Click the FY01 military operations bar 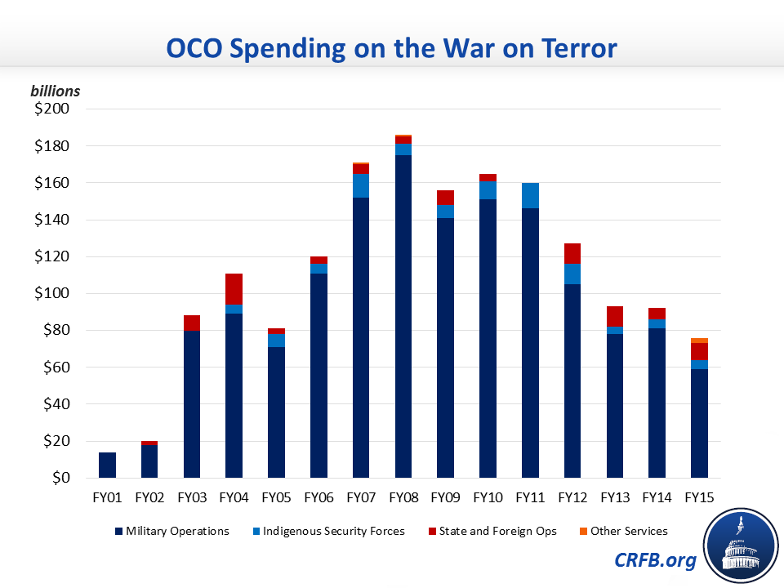108,465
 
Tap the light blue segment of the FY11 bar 530,196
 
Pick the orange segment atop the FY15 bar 699,341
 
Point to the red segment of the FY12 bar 572,254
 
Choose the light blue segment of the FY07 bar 361,185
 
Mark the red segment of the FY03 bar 192,323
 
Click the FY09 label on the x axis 445,496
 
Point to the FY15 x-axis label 699,496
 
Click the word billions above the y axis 56,91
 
